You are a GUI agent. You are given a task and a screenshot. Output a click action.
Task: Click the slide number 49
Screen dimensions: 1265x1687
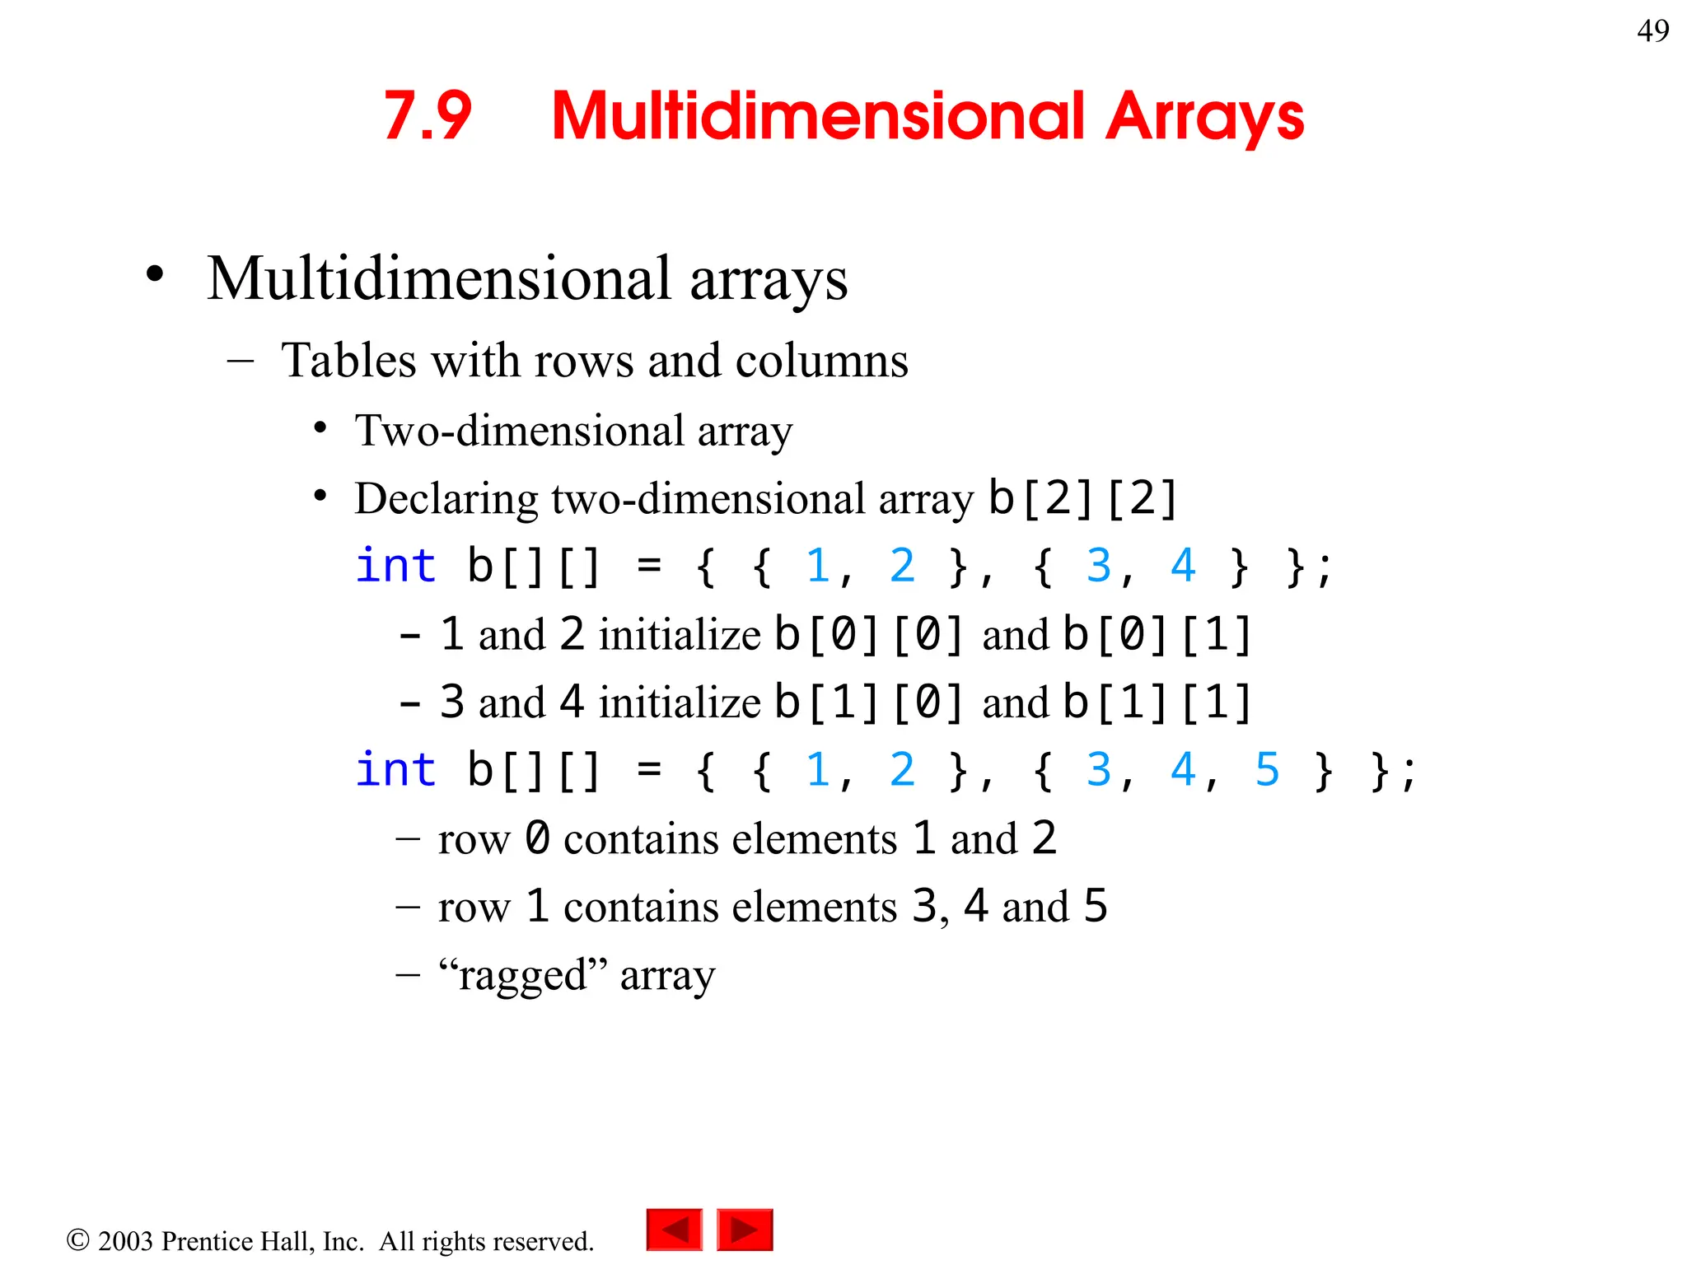click(x=1652, y=31)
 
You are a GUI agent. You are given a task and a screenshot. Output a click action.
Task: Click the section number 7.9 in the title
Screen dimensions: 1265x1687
click(x=428, y=115)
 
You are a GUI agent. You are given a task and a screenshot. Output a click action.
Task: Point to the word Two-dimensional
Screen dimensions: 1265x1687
click(x=519, y=431)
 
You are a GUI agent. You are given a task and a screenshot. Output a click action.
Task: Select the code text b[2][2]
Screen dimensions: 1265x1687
click(x=1082, y=497)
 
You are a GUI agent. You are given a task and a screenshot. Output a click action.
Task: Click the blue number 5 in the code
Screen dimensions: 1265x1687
click(x=1266, y=770)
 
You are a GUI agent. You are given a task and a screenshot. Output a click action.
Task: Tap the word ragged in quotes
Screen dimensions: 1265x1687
click(x=522, y=976)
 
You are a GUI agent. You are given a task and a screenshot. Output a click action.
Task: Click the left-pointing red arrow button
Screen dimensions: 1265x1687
click(x=675, y=1230)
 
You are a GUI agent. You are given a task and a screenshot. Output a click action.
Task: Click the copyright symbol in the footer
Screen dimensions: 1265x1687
click(x=77, y=1240)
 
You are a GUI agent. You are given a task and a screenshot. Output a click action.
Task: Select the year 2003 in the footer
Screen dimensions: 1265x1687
click(x=125, y=1241)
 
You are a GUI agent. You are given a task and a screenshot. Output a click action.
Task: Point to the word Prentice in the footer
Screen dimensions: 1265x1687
click(x=212, y=1241)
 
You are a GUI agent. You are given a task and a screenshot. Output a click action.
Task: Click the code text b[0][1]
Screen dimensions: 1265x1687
click(x=1157, y=635)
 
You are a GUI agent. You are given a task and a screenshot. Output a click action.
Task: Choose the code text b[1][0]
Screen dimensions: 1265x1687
click(x=868, y=703)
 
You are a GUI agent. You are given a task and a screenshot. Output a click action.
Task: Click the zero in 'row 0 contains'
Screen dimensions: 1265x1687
click(x=537, y=838)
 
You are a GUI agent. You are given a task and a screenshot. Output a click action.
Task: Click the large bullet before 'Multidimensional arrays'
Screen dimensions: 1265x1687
click(x=155, y=275)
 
